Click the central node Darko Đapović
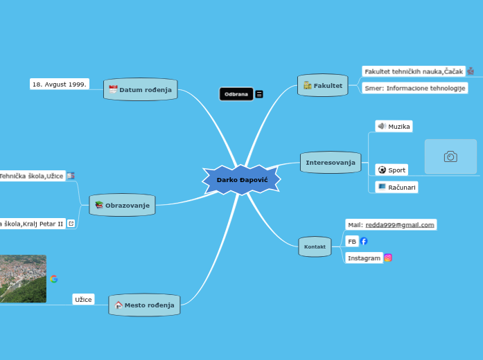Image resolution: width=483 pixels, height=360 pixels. (x=242, y=180)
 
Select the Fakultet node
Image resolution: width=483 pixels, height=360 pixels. (x=323, y=86)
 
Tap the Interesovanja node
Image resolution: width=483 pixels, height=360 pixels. (x=331, y=163)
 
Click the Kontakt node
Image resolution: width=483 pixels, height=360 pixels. (x=315, y=246)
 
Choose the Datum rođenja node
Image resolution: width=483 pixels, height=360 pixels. (x=141, y=90)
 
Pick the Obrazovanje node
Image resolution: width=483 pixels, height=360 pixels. (x=123, y=205)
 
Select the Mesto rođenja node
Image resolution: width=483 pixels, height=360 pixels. (x=145, y=305)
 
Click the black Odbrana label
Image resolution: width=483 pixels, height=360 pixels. (x=236, y=94)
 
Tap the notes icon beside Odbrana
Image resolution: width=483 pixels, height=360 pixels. (x=259, y=94)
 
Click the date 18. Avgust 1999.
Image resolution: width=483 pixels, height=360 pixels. (x=60, y=84)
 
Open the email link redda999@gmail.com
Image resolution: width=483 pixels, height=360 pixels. (x=400, y=224)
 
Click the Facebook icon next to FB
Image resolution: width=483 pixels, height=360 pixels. (x=364, y=241)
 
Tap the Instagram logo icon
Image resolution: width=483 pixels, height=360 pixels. (x=388, y=258)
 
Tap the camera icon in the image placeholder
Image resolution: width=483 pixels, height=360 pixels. (x=450, y=156)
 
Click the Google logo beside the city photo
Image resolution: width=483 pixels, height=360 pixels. (x=54, y=279)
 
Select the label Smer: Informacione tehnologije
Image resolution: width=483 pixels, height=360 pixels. (x=414, y=88)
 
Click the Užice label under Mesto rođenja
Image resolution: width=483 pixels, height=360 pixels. (x=83, y=300)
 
